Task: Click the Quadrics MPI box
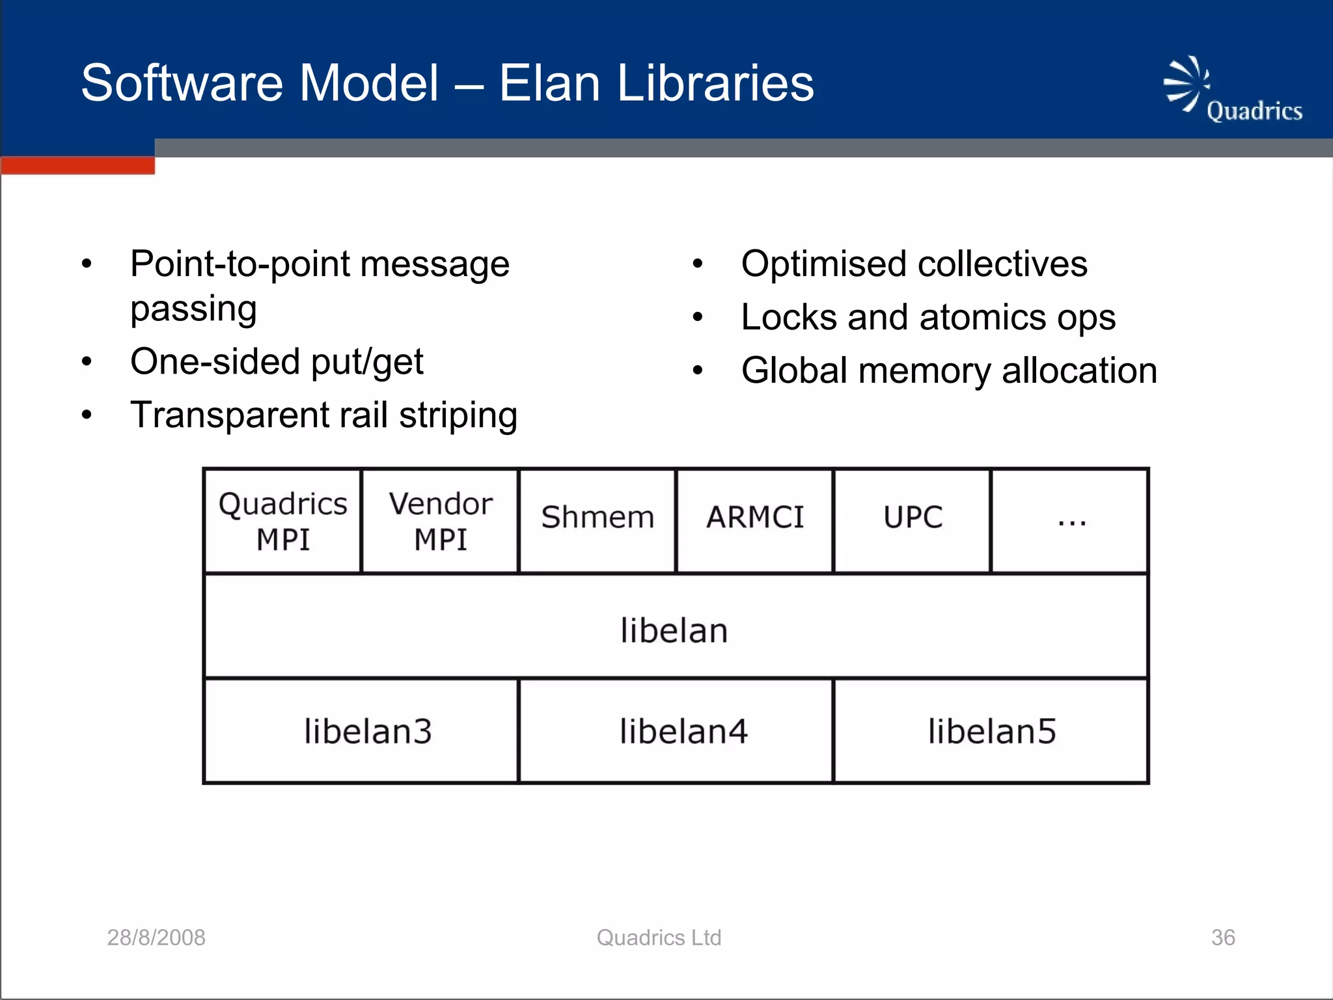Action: pos(282,521)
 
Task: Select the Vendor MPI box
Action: pos(441,521)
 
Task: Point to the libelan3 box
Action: pos(368,732)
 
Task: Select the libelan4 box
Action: pos(683,732)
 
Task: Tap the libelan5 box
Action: pos(992,732)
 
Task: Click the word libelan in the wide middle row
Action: pos(674,631)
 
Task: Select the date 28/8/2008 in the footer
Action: pos(156,937)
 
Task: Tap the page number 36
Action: pos(1223,937)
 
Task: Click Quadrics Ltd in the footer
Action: pos(659,937)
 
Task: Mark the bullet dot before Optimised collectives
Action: pos(698,264)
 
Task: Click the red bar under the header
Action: pos(78,166)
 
